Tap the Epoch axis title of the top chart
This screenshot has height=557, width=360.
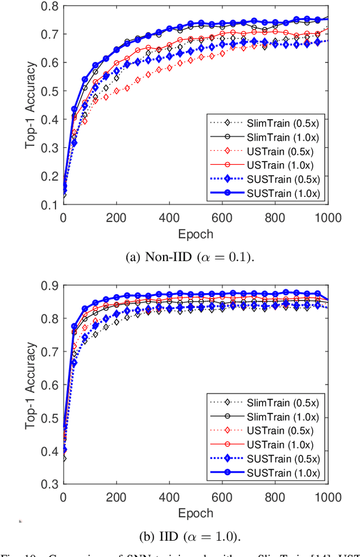(195, 233)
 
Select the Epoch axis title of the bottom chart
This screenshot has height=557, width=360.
(195, 512)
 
